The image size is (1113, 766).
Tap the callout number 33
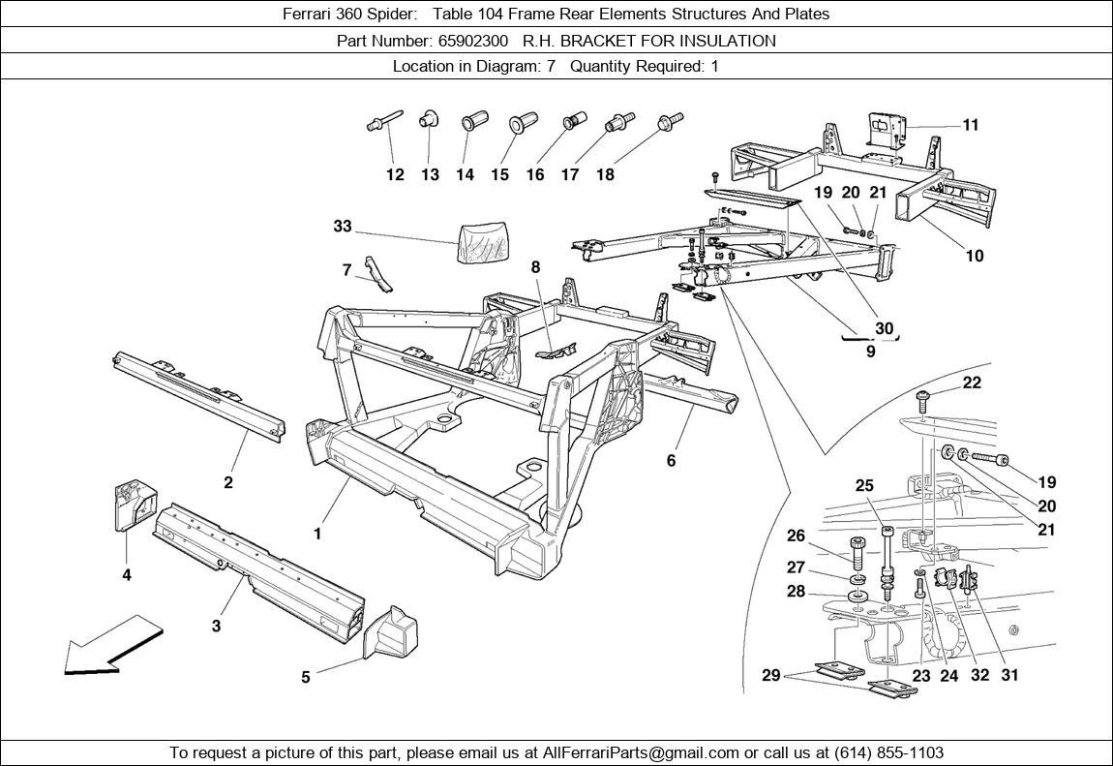tap(343, 226)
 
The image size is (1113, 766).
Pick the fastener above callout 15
tap(524, 124)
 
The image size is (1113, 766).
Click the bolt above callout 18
tap(670, 121)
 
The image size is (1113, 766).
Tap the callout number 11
tap(971, 125)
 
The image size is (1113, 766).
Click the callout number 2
tap(227, 482)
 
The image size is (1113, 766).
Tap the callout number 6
tap(671, 461)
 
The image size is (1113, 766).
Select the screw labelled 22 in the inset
tap(923, 400)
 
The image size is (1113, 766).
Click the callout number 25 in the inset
tap(864, 485)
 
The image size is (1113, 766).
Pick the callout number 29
tap(770, 675)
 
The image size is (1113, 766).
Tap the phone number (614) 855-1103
tap(888, 752)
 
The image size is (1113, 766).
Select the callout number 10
tap(975, 256)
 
